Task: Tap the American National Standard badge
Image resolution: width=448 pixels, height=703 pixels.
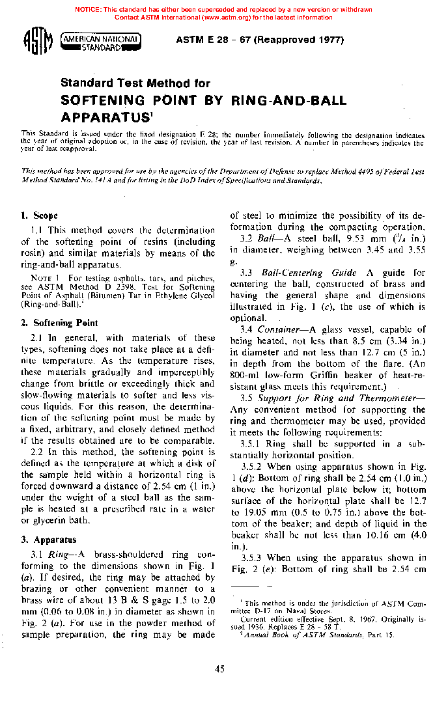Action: [101, 42]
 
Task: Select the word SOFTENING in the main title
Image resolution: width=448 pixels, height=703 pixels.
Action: [102, 101]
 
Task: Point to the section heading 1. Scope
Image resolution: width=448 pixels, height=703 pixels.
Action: [39, 215]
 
